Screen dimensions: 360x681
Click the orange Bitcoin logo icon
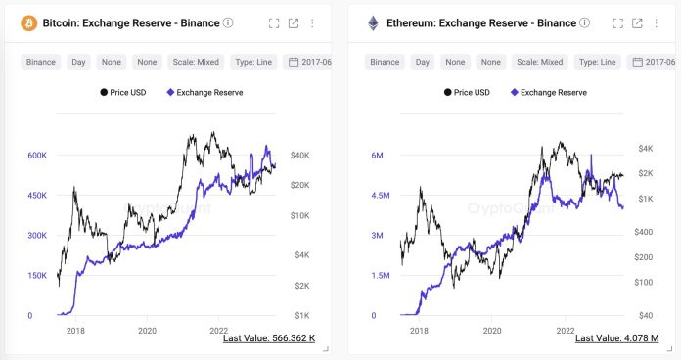pyautogui.click(x=28, y=22)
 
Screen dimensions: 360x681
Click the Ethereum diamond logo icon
pyautogui.click(x=373, y=22)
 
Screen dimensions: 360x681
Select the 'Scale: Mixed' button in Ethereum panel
pyautogui.click(x=538, y=62)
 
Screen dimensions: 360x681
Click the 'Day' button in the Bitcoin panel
pyautogui.click(x=80, y=62)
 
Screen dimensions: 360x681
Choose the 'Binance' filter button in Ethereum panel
pyautogui.click(x=385, y=62)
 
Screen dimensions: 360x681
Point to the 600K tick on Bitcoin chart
pyautogui.click(x=37, y=156)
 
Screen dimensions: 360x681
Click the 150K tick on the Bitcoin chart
pyautogui.click(x=37, y=276)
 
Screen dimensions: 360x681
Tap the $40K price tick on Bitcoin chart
pyautogui.click(x=299, y=155)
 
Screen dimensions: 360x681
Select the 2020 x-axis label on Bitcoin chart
pyautogui.click(x=147, y=332)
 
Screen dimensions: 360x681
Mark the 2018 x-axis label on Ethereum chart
pyautogui.click(x=419, y=332)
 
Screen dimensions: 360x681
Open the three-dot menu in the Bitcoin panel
pyautogui.click(x=312, y=22)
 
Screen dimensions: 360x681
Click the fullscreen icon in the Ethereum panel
pyautogui.click(x=617, y=22)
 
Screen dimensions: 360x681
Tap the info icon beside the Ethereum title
pyautogui.click(x=585, y=22)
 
